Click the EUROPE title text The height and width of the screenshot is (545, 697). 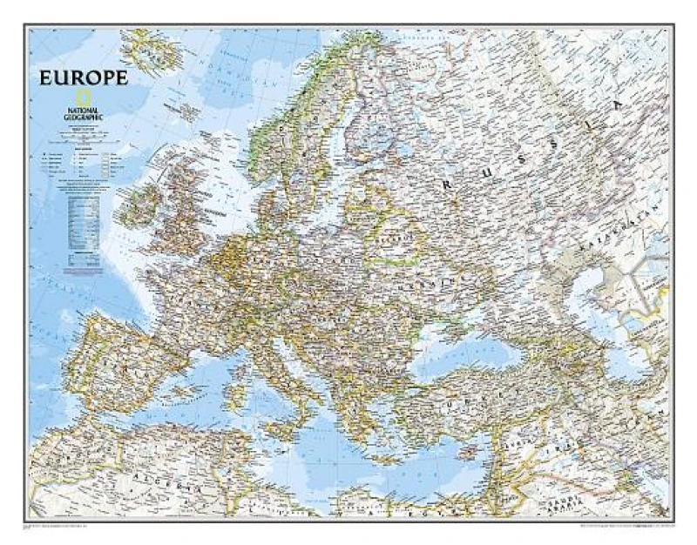[x=83, y=77]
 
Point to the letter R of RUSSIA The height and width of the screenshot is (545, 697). [x=450, y=184]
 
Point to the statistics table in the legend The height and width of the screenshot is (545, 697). [x=84, y=217]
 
